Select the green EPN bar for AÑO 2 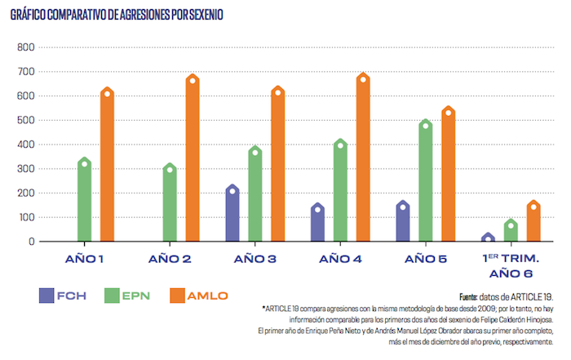pyautogui.click(x=170, y=204)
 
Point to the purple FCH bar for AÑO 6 pyautogui.click(x=488, y=238)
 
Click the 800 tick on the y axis pyautogui.click(x=24, y=47)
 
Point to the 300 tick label pyautogui.click(x=24, y=169)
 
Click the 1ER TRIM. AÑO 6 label pyautogui.click(x=511, y=266)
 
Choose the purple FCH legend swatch pyautogui.click(x=51, y=295)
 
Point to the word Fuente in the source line pyautogui.click(x=471, y=296)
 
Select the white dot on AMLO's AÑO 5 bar pyautogui.click(x=447, y=112)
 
